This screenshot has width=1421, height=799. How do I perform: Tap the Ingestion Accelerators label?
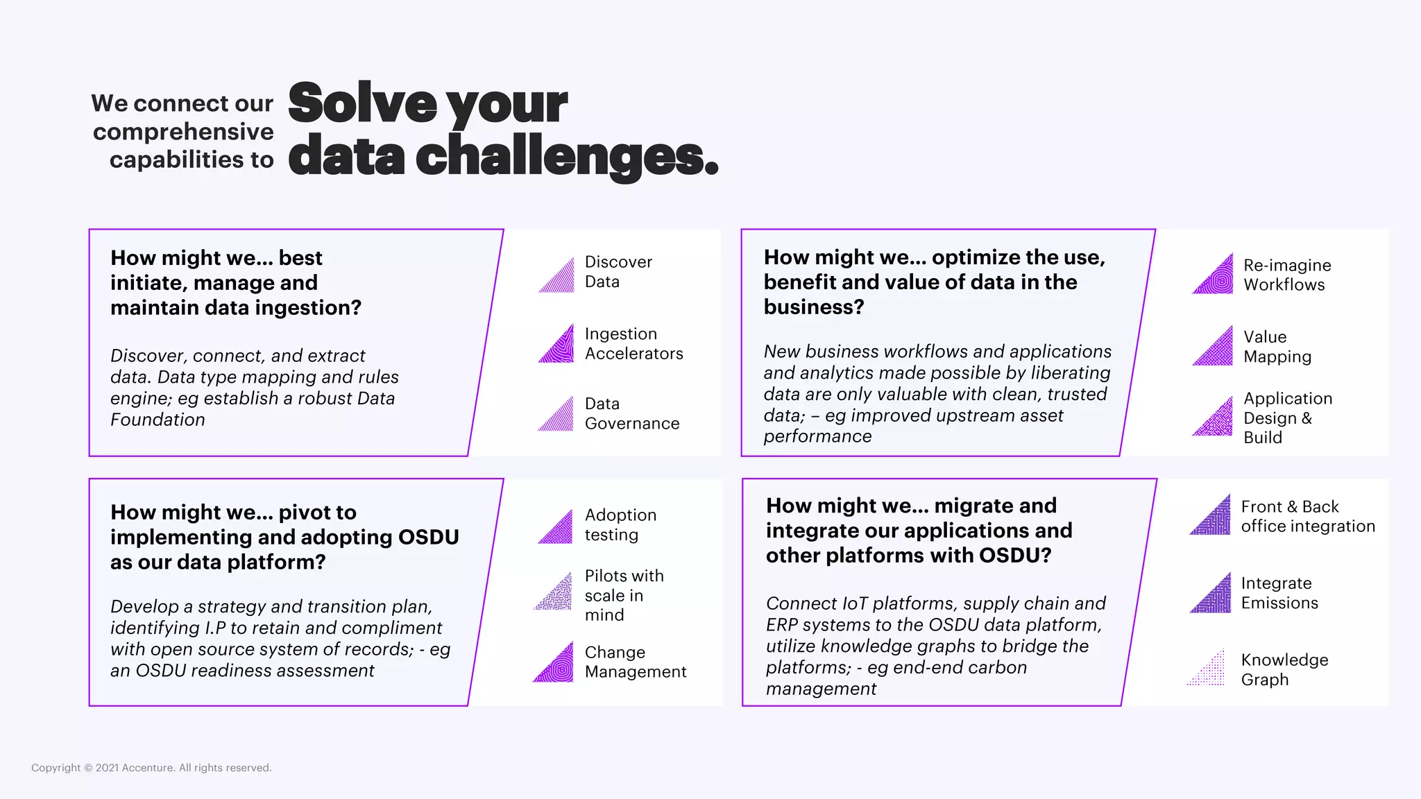coord(633,343)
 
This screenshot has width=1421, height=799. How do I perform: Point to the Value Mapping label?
coord(1277,347)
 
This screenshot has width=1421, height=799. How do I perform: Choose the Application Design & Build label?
coord(1287,418)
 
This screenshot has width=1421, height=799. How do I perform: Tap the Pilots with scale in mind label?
coord(624,595)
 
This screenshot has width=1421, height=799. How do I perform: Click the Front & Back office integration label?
coord(1307,517)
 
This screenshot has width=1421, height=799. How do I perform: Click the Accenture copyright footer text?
coord(151,768)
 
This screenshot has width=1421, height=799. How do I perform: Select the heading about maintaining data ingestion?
coord(236,283)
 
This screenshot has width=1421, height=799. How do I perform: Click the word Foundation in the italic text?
coord(158,420)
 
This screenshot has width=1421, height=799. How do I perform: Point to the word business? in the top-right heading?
coord(813,307)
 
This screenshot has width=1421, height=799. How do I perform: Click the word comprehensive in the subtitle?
coord(183,132)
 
